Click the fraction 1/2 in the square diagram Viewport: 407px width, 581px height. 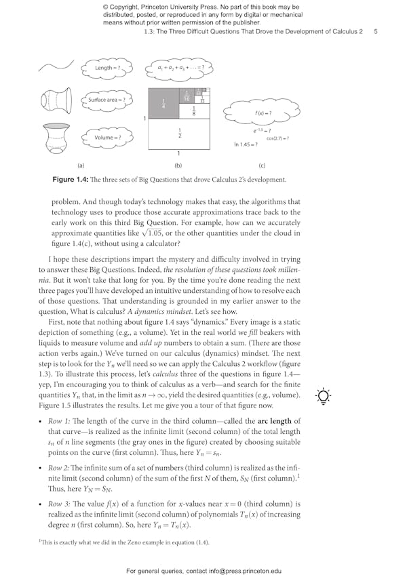pyautogui.click(x=179, y=134)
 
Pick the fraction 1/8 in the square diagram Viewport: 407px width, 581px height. pyautogui.click(x=193, y=110)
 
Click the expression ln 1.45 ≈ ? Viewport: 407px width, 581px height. pyautogui.click(x=246, y=144)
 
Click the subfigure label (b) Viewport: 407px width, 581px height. pyautogui.click(x=178, y=165)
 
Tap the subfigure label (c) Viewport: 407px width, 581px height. pyautogui.click(x=262, y=165)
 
